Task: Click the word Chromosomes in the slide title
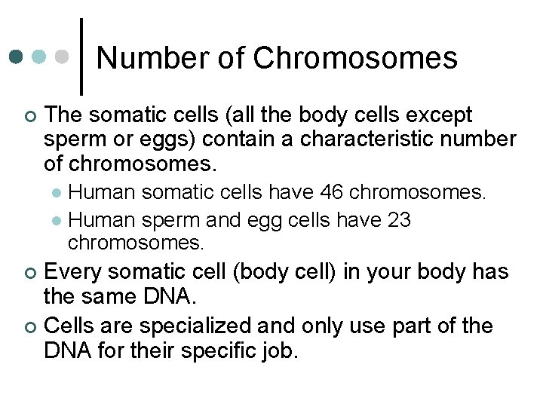[354, 58]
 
